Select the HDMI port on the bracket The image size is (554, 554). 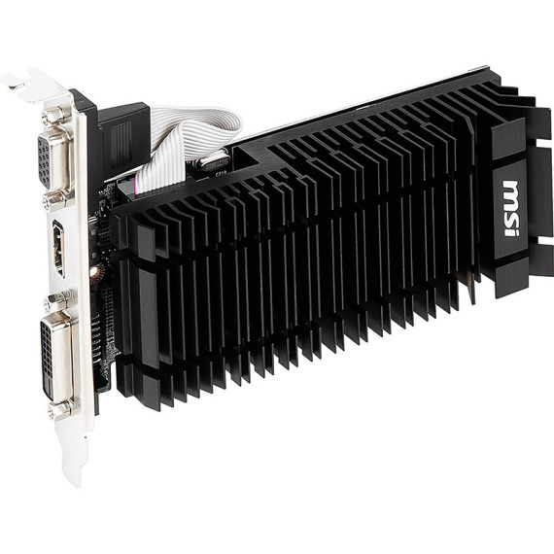click(59, 248)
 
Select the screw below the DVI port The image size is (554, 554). click(61, 408)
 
